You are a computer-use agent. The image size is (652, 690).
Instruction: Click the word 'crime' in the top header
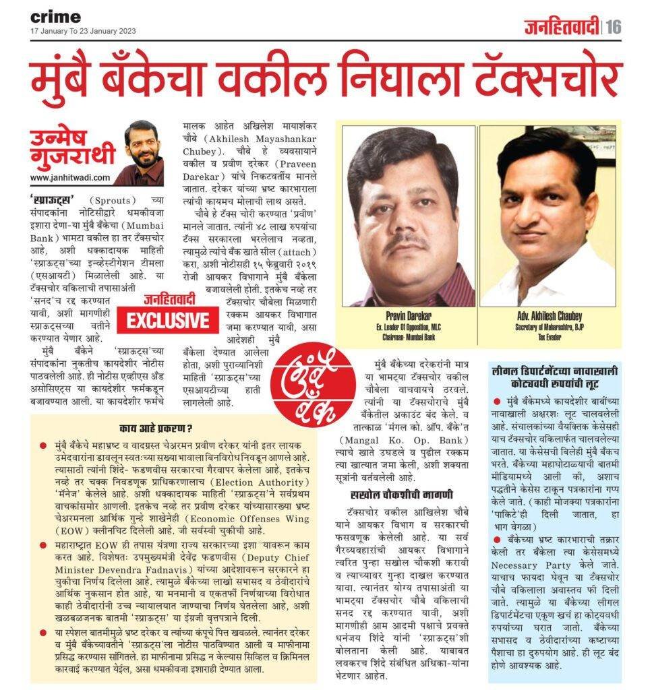tap(55, 17)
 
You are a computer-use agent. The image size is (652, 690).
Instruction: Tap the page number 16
tap(613, 27)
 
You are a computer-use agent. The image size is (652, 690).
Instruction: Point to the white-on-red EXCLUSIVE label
tap(167, 320)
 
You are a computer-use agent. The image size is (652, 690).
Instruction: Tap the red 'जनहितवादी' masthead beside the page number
tap(562, 28)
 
